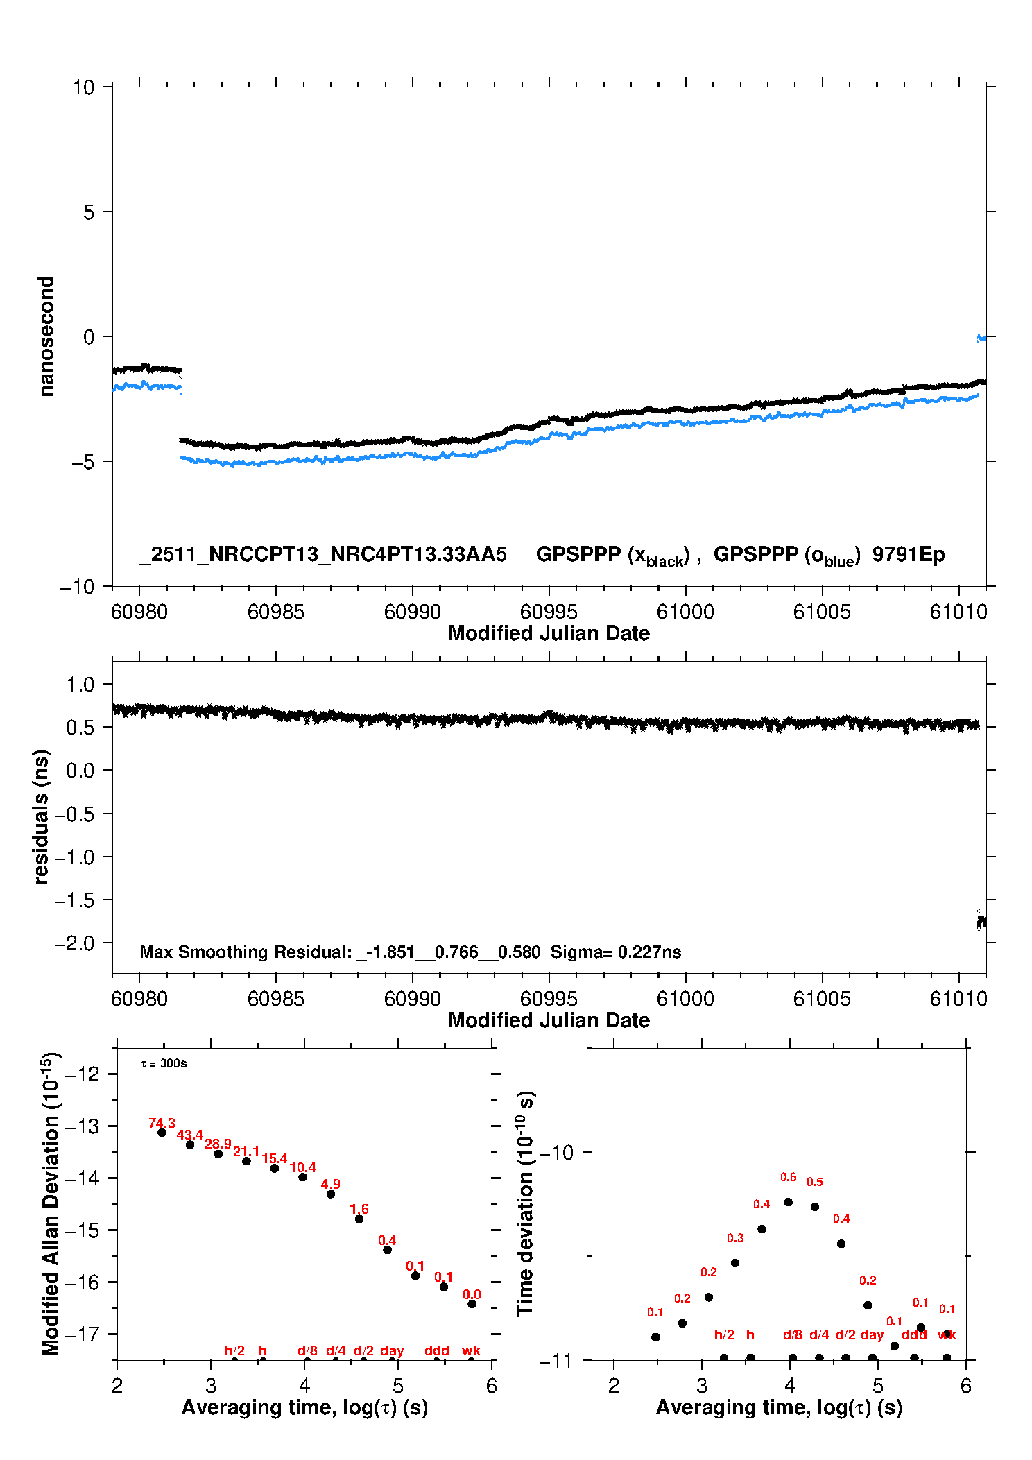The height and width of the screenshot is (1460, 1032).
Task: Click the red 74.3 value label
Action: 162,1123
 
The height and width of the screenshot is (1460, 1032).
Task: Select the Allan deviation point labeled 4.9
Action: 331,1194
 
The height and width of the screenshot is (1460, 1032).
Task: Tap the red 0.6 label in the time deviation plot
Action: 788,1177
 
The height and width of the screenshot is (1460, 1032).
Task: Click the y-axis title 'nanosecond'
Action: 46,336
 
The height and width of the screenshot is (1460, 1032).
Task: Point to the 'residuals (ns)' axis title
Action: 42,816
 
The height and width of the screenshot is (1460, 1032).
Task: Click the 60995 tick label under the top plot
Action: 549,612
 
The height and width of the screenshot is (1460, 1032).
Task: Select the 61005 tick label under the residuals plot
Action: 822,999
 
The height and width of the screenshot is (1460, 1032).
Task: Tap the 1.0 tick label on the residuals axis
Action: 80,685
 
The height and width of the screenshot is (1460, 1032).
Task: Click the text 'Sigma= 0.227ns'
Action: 616,952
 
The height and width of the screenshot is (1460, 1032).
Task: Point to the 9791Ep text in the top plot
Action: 909,554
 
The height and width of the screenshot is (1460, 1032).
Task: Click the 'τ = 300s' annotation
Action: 164,1063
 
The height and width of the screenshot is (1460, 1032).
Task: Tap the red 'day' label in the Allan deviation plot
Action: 392,1350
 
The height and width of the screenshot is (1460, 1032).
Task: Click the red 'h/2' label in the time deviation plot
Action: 724,1334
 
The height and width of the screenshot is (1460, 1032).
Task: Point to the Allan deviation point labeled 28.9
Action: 218,1153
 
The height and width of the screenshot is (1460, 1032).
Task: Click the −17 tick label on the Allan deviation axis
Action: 83,1334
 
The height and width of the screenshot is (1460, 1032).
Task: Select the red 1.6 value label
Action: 359,1209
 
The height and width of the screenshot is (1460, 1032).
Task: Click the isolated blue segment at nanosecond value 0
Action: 981,338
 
